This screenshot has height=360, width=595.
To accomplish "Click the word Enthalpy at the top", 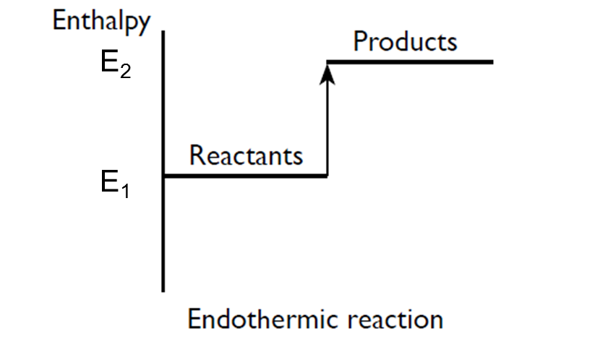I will click(100, 20).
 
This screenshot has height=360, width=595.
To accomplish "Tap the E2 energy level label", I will click(115, 66).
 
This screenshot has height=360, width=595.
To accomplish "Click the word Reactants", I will click(245, 155).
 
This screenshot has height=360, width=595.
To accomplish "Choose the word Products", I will click(405, 41).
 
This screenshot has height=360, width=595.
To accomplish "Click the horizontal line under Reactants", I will click(246, 176).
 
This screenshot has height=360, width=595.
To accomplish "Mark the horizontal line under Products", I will click(412, 62).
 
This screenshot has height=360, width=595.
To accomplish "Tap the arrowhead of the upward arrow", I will click(328, 71).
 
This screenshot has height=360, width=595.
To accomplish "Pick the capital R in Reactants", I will click(196, 155).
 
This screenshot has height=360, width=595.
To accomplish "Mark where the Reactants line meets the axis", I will click(165, 176).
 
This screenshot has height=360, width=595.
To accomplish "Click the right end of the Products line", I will click(491, 62).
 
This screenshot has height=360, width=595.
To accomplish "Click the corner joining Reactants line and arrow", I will click(328, 176).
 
